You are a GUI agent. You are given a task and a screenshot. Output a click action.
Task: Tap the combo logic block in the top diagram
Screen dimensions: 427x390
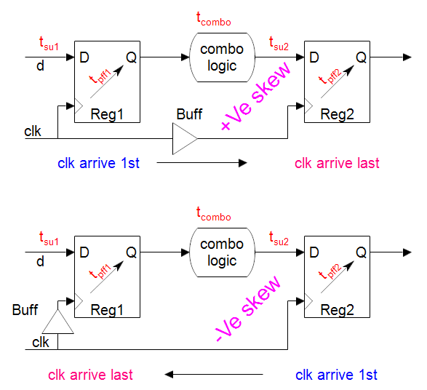tap(222, 57)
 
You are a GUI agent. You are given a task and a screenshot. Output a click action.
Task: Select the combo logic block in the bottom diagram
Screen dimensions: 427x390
tap(222, 252)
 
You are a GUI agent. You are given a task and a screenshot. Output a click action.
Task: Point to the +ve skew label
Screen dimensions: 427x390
tap(255, 96)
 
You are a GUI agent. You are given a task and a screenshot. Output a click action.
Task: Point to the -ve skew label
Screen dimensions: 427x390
tap(248, 309)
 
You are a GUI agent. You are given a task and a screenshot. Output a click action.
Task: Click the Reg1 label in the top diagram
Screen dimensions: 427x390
tap(107, 114)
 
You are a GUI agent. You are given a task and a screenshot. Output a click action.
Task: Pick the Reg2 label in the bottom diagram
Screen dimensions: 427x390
tap(337, 310)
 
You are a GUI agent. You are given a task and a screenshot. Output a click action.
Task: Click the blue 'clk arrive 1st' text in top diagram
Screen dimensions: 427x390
tap(98, 163)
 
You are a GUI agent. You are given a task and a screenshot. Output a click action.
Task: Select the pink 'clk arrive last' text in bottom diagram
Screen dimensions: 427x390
tap(90, 375)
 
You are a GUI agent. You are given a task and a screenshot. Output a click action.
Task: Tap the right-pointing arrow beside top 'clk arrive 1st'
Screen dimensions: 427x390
tap(201, 163)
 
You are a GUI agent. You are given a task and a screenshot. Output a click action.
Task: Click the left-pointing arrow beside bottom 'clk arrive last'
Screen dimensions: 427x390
tap(214, 375)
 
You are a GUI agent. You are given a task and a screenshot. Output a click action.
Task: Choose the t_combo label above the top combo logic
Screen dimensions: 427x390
tap(214, 20)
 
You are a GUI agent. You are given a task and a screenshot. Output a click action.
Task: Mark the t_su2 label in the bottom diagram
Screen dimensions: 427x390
tap(279, 239)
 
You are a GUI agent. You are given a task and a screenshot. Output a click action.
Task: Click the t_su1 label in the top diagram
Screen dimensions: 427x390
tap(49, 44)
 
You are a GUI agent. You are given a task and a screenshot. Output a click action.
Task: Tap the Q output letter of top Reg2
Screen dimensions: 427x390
tap(361, 57)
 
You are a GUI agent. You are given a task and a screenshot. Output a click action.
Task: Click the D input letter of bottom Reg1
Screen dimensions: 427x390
tap(84, 252)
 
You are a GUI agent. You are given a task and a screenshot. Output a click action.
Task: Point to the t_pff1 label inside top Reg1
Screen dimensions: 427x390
tap(100, 76)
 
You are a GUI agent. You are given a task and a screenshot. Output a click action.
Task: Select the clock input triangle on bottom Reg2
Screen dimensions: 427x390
tap(308, 301)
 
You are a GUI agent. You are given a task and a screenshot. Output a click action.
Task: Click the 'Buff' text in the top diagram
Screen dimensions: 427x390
tap(189, 114)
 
